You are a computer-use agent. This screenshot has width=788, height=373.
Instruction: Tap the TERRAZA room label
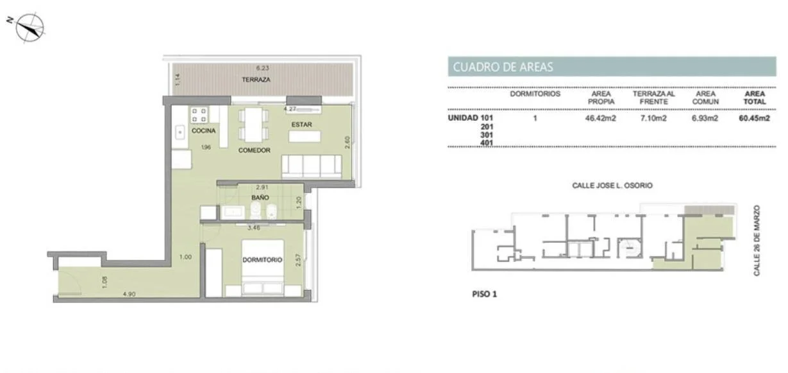pos(256,80)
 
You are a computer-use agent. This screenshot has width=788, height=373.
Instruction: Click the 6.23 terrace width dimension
pos(262,68)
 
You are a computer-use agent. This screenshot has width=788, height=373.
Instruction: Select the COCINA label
pos(203,131)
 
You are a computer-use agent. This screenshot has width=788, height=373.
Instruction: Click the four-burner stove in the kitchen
pos(199,115)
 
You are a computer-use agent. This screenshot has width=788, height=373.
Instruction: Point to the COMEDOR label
pos(255,150)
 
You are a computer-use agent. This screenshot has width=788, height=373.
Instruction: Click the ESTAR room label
pos(301,125)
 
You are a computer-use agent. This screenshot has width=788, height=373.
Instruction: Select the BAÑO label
pos(260,198)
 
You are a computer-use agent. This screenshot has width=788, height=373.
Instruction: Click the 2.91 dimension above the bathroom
pos(262,187)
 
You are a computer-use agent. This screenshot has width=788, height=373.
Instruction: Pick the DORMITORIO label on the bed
pos(262,260)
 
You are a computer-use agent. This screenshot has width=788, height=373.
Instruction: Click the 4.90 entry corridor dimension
pos(129,294)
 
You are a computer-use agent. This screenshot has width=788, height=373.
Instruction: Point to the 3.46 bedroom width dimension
pos(254,228)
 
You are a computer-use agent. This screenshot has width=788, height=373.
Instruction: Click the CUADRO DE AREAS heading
pos(503,67)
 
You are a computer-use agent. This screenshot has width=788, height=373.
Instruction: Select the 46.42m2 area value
pos(601,118)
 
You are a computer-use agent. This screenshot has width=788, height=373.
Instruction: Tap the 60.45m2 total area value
pos(754,118)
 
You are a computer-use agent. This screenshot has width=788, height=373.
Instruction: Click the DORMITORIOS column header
pos(535,94)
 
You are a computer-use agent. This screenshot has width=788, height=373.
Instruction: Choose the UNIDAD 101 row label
pos(471,118)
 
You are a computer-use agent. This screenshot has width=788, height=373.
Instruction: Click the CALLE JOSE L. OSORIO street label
pos(612,186)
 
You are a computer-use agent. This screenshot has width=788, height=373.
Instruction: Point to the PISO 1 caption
pos(485,294)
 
